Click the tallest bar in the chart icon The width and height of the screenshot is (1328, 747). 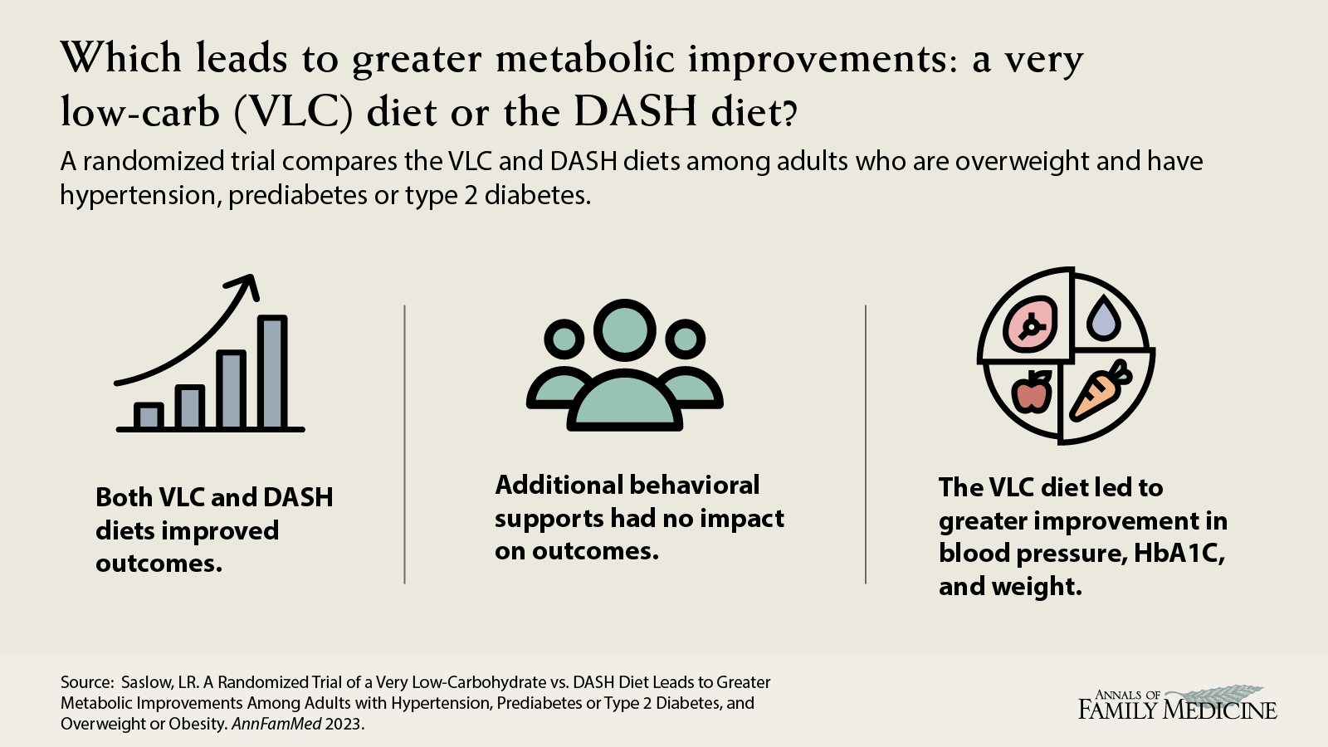point(272,372)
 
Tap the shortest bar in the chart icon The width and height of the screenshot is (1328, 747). point(149,416)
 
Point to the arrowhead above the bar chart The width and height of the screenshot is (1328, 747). point(245,286)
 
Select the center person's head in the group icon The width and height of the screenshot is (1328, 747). point(625,330)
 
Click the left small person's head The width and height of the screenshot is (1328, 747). point(564,339)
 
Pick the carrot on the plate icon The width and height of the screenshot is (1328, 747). point(1101,392)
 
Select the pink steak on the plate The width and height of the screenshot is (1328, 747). point(1030,325)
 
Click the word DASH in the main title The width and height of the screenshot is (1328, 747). point(635,111)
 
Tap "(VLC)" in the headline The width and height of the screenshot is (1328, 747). point(294,111)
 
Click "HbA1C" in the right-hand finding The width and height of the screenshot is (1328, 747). point(1179,554)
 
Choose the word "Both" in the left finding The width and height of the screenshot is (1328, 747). point(124,497)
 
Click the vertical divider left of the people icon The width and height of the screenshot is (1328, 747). point(404,445)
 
